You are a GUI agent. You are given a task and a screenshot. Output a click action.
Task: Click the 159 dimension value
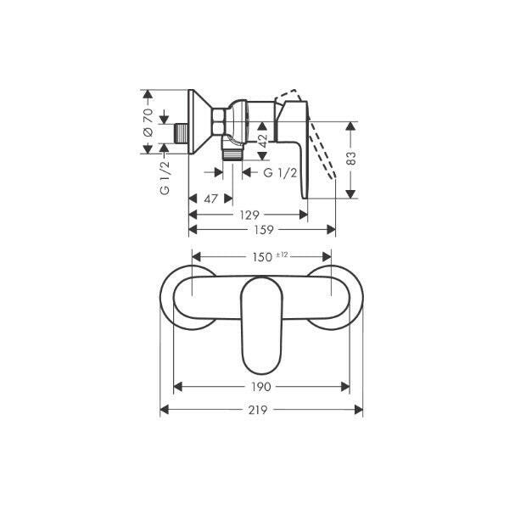[263, 230]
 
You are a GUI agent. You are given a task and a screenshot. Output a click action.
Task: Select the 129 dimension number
[249, 215]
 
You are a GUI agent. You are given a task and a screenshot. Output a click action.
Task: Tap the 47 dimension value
[210, 199]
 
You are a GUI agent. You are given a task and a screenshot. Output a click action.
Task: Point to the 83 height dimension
[351, 158]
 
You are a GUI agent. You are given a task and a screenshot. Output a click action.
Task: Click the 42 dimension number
[262, 140]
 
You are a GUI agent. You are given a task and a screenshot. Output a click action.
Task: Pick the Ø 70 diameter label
[148, 122]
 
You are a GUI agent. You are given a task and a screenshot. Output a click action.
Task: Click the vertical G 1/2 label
[165, 177]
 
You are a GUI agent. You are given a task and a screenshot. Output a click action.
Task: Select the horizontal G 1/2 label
[281, 173]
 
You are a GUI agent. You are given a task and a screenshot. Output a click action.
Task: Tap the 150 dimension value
[262, 257]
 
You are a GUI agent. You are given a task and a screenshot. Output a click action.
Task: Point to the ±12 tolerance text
[282, 255]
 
